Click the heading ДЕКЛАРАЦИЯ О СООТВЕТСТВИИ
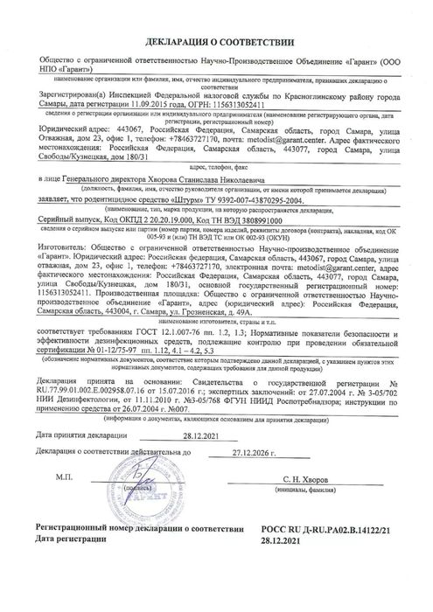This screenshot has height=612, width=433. point(215,16)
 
